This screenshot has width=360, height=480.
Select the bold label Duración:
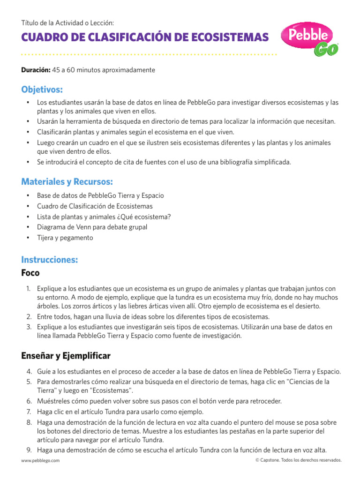click(36, 70)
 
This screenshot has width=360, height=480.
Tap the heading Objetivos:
click(42, 90)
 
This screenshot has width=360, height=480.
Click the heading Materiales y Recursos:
click(67, 181)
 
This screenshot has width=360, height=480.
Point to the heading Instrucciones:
click(49, 259)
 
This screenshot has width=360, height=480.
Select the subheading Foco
click(30, 273)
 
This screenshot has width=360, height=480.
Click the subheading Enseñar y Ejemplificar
click(66, 356)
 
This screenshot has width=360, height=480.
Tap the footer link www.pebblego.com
click(40, 460)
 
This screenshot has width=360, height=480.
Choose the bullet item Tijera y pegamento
click(65, 238)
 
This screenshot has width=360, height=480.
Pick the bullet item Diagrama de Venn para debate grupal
click(92, 227)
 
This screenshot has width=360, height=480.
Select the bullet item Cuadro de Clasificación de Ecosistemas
click(94, 206)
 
